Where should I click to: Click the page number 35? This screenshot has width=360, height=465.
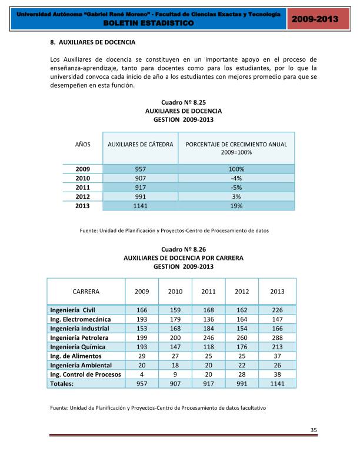pyautogui.click(x=314, y=430)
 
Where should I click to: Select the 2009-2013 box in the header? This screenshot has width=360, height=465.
pyautogui.click(x=315, y=19)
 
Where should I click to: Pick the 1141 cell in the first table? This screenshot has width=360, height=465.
pyautogui.click(x=140, y=206)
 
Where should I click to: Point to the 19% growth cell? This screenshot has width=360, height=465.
pyautogui.click(x=236, y=206)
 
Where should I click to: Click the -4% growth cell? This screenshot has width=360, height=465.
pyautogui.click(x=236, y=178)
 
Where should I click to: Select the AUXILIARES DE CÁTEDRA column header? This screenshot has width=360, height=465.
pyautogui.click(x=140, y=144)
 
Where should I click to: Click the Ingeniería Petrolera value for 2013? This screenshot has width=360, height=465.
pyautogui.click(x=277, y=337)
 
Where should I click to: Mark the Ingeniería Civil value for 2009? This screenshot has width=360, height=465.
pyautogui.click(x=142, y=310)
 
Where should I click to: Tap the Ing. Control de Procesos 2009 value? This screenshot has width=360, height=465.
pyautogui.click(x=142, y=374)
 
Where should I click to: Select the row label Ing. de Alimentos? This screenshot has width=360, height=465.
pyautogui.click(x=76, y=356)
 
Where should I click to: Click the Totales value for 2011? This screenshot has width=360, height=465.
pyautogui.click(x=208, y=383)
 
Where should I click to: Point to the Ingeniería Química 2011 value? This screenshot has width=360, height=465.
pyautogui.click(x=208, y=347)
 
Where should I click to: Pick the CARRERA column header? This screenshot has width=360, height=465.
pyautogui.click(x=86, y=291)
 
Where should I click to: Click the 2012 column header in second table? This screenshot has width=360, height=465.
pyautogui.click(x=242, y=291)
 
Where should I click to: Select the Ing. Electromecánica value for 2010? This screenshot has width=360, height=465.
pyautogui.click(x=175, y=319)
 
